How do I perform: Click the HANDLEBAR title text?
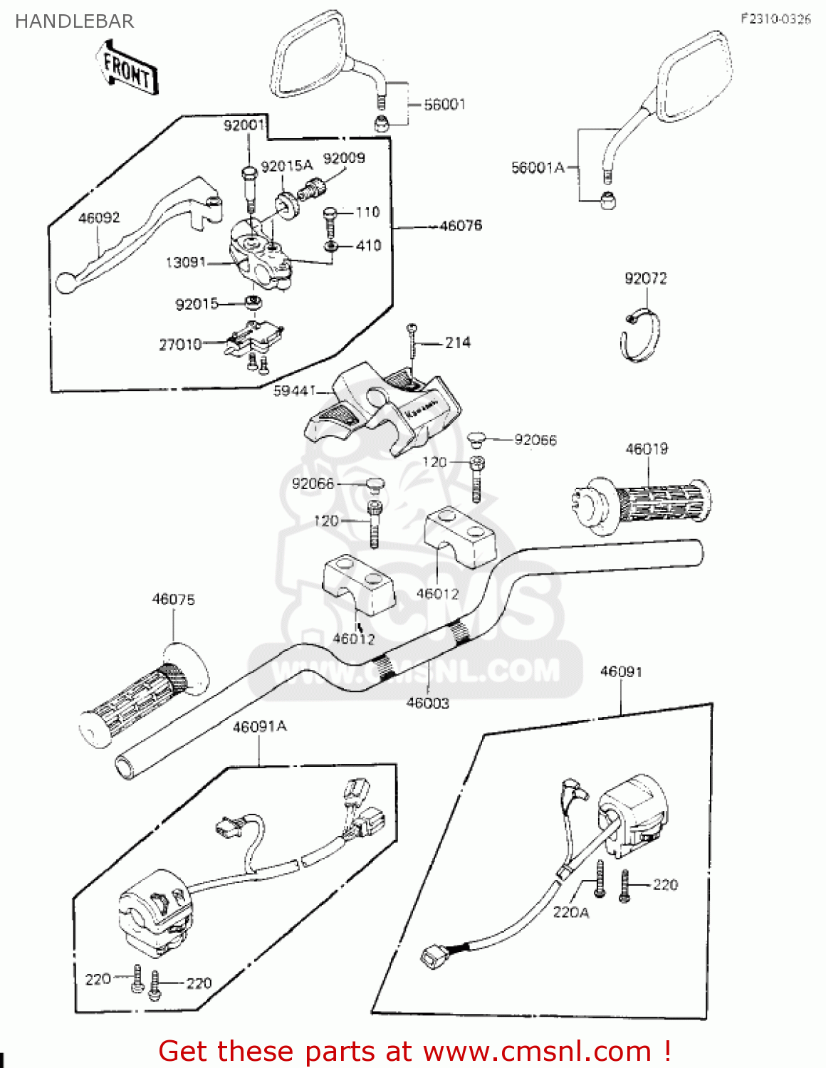click(x=74, y=21)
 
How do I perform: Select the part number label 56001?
click(x=444, y=105)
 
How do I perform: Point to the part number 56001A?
click(x=538, y=168)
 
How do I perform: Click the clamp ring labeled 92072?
click(x=640, y=335)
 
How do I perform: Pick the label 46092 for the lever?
click(x=99, y=218)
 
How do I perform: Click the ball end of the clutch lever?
click(x=65, y=283)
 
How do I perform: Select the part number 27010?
click(x=180, y=345)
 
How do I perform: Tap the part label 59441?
click(x=295, y=391)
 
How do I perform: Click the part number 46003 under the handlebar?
click(x=427, y=703)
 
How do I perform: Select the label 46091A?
click(x=260, y=726)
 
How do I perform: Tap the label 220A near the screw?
click(x=571, y=912)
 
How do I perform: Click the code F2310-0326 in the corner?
click(x=775, y=19)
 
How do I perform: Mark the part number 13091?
click(x=185, y=263)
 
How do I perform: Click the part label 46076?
click(x=461, y=226)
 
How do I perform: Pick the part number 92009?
click(x=344, y=158)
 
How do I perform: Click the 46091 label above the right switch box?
click(x=621, y=671)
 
